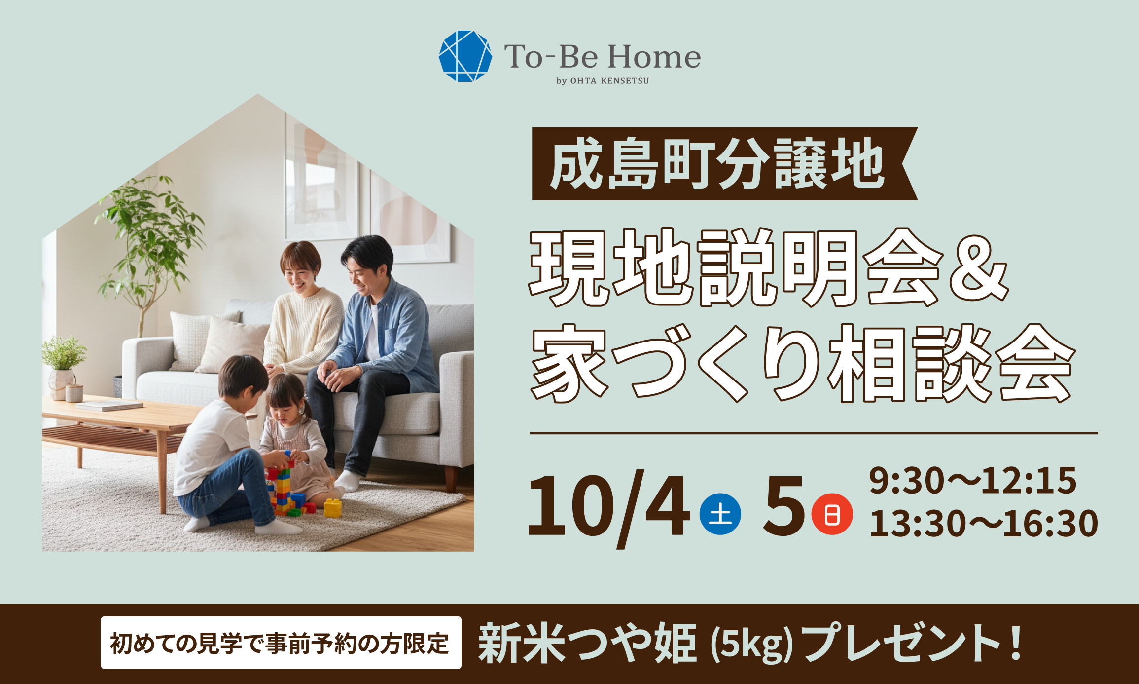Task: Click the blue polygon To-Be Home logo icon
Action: click(465, 56)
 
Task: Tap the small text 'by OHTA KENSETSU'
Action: click(603, 81)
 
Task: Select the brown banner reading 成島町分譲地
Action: click(718, 164)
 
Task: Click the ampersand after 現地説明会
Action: click(979, 269)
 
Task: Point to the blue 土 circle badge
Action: click(720, 514)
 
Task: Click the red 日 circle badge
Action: click(832, 514)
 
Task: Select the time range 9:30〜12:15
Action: click(972, 480)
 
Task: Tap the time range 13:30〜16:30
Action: click(983, 523)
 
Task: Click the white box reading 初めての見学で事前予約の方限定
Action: click(281, 643)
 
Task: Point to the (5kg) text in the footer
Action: click(751, 644)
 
